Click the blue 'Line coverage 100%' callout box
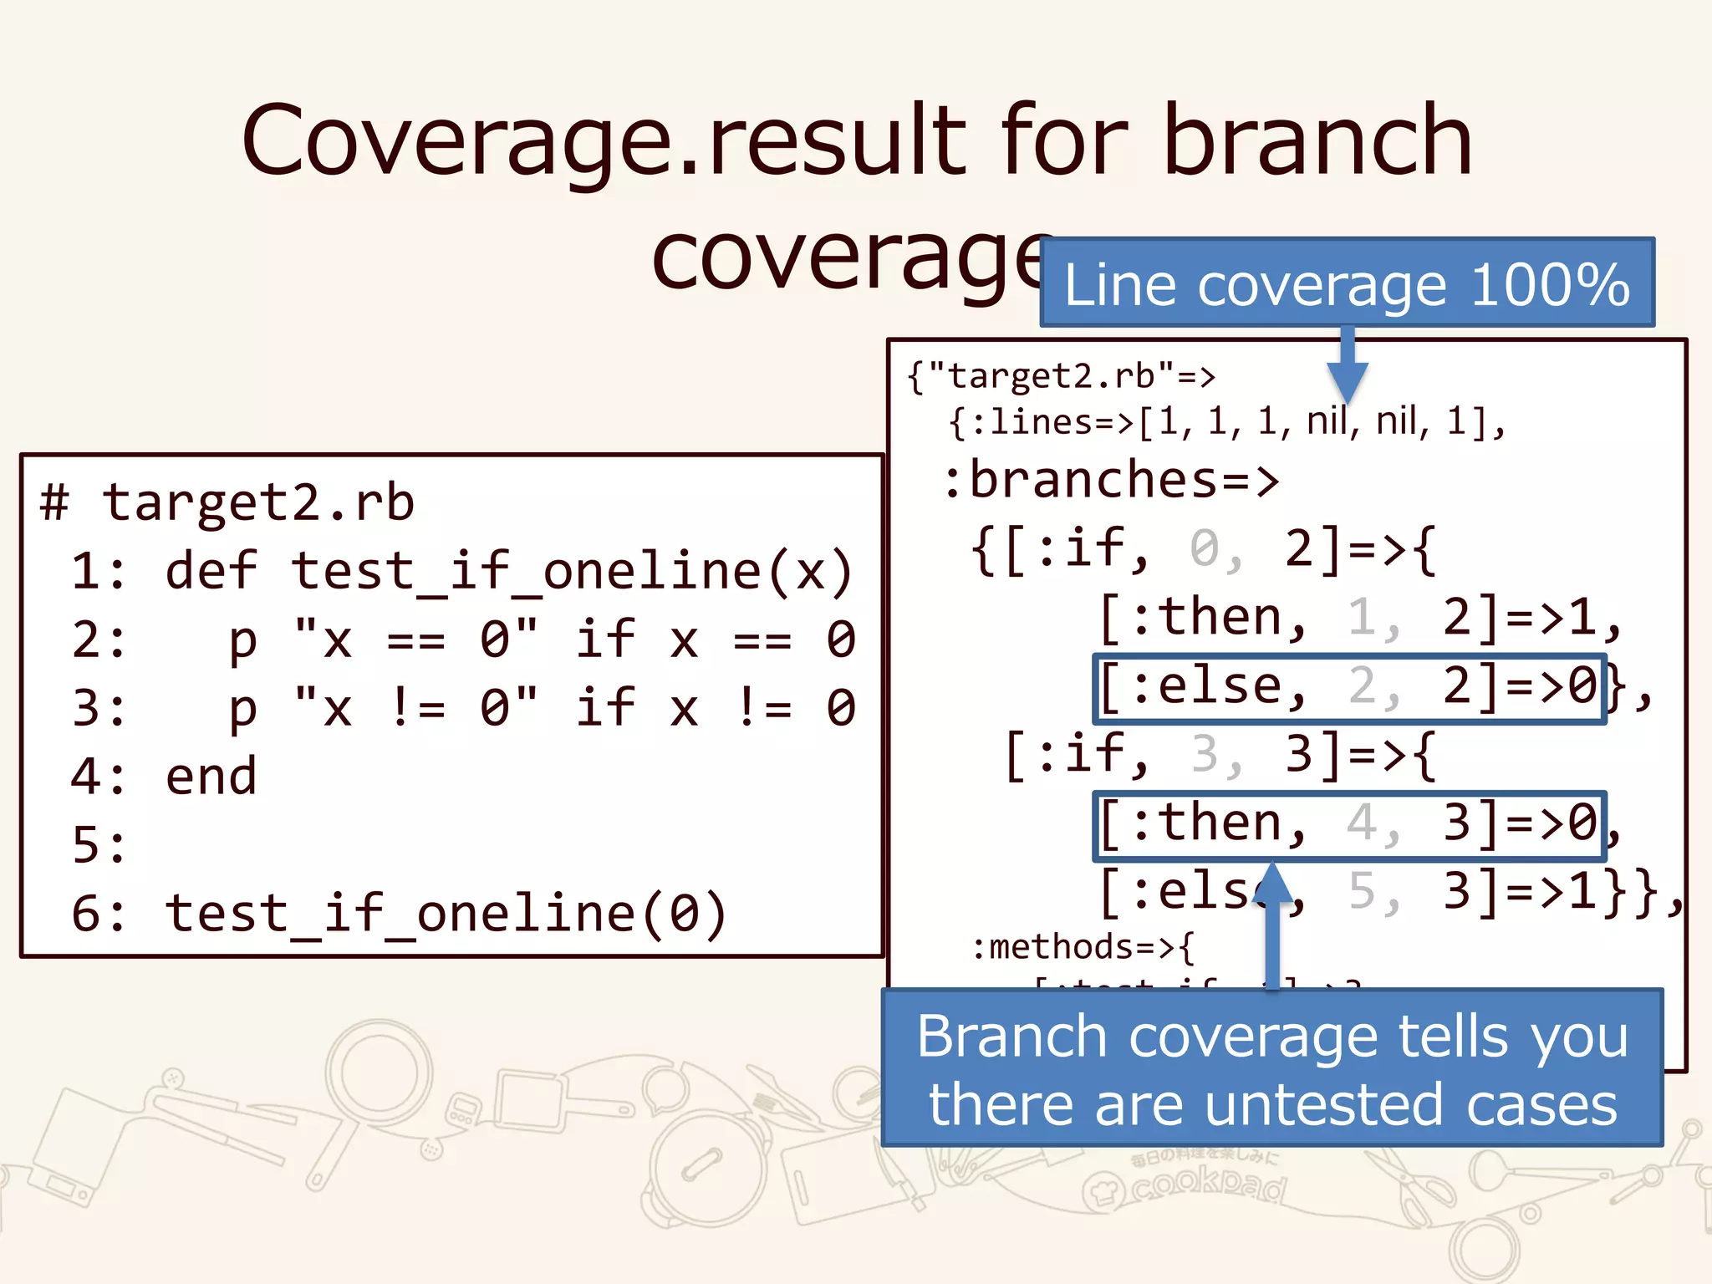pyautogui.click(x=1347, y=283)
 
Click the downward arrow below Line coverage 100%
pyautogui.click(x=1347, y=368)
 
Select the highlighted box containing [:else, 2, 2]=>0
pyautogui.click(x=1348, y=688)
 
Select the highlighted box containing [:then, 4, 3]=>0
pyautogui.click(x=1348, y=825)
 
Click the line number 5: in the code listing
pyautogui.click(x=99, y=845)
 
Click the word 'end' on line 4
pyautogui.click(x=211, y=777)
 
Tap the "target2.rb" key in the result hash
pyautogui.click(x=1049, y=377)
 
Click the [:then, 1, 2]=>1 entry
pyautogui.click(x=1358, y=619)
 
